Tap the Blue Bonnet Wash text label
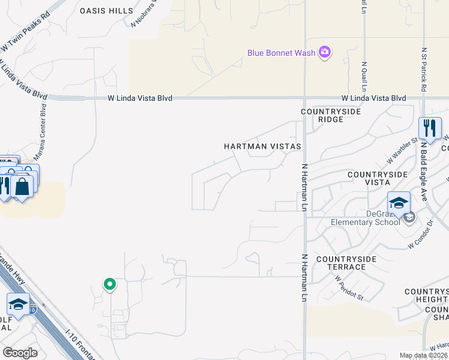[x=282, y=53]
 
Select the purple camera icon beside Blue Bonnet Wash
[x=325, y=52]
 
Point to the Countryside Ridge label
[x=331, y=115]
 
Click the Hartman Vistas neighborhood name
[x=262, y=146]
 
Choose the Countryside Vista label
[x=378, y=178]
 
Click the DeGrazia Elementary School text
[x=365, y=218]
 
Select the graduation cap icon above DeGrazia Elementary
[x=399, y=202]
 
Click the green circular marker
[x=109, y=284]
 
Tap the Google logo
[x=20, y=353]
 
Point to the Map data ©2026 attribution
[x=423, y=355]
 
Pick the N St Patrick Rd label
[x=424, y=70]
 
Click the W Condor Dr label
[x=420, y=238]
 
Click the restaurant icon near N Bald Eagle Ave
[x=430, y=128]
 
